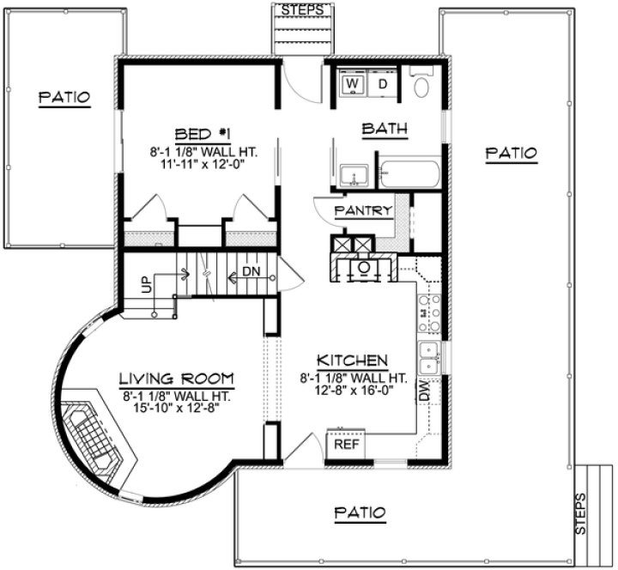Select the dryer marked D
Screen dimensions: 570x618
pos(384,84)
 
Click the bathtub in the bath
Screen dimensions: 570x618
pos(410,174)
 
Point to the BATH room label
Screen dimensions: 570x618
pos(384,130)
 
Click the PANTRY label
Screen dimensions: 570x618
pos(363,210)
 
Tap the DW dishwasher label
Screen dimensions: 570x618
pos(425,391)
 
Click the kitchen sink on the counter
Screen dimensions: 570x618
pos(428,357)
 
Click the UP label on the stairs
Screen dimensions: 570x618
pos(146,284)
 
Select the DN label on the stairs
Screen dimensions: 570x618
pos(251,270)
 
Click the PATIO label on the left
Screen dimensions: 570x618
pos(64,97)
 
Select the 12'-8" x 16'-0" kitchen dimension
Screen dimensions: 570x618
pos(353,389)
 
